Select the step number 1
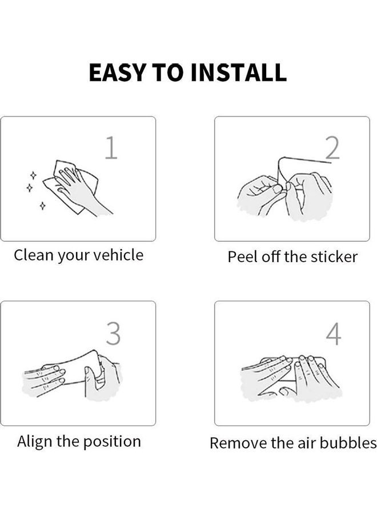[111, 148]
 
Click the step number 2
[332, 148]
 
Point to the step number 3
[114, 334]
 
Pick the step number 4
[334, 334]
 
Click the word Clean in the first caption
[33, 255]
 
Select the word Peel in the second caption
[242, 256]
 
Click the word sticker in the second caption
[334, 256]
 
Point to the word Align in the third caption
[35, 441]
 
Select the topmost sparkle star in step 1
[33, 175]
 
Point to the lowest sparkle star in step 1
[42, 205]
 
